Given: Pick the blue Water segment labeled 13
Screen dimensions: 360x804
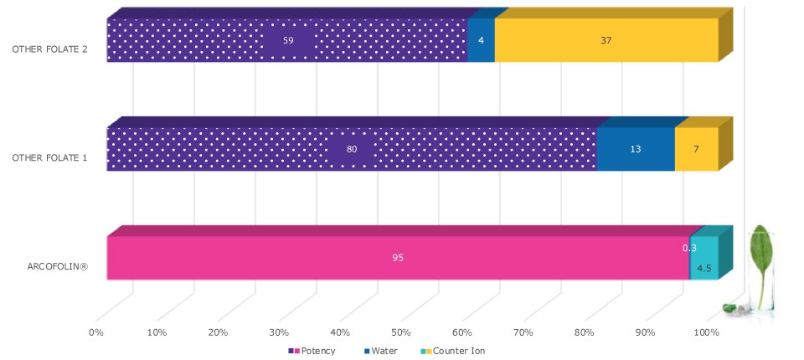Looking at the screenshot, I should (635, 149).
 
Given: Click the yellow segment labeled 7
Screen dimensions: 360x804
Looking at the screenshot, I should (696, 149).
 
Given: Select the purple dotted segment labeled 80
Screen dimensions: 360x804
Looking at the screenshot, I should (352, 149).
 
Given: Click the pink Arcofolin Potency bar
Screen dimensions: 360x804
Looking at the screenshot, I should (397, 257).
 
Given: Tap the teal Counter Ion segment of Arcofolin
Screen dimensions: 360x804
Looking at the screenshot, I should (704, 260).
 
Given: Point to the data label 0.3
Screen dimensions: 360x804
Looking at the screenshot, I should (689, 248).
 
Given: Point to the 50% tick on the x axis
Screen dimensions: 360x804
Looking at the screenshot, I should (401, 332).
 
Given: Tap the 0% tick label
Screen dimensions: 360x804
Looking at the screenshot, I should (96, 332).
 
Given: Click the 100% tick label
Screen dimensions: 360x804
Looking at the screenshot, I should (706, 332).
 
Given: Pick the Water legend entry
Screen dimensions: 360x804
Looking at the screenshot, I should (384, 351).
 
